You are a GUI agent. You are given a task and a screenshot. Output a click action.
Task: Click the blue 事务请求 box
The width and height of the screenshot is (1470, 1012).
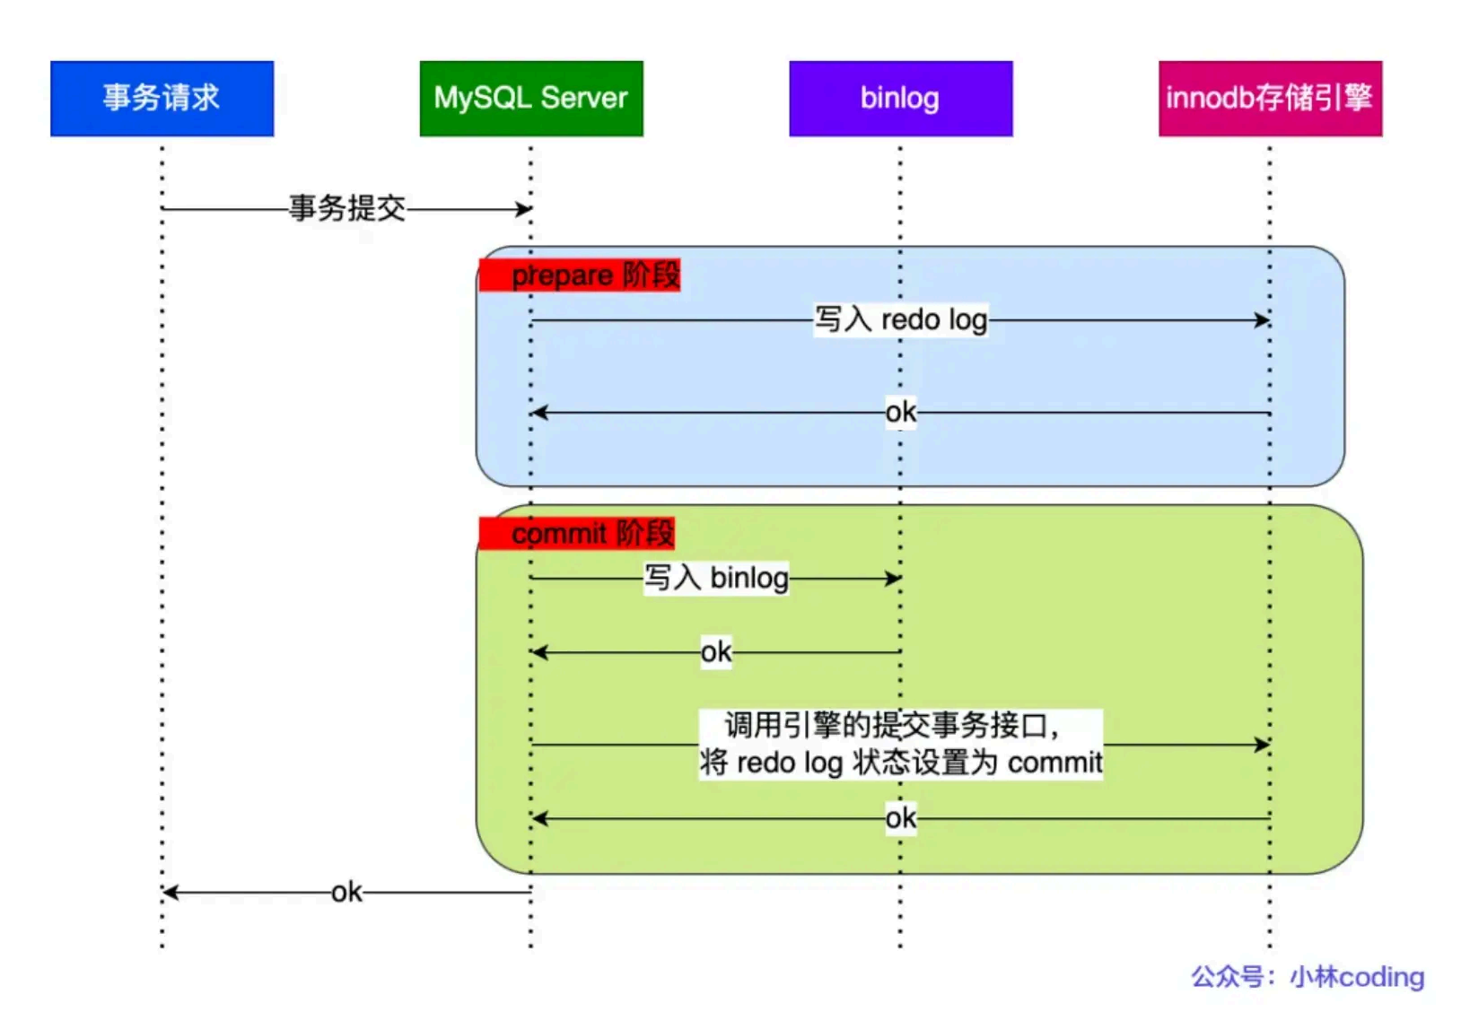162,98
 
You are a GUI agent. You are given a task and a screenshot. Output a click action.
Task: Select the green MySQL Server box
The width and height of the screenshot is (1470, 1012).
531,98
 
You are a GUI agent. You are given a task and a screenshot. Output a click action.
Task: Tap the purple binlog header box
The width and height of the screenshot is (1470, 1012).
900,98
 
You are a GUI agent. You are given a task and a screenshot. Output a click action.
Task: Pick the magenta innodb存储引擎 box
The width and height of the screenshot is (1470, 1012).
1270,98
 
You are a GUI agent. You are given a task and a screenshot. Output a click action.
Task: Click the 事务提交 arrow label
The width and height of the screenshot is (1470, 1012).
347,208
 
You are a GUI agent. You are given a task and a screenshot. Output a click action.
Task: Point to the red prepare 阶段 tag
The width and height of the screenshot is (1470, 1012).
580,275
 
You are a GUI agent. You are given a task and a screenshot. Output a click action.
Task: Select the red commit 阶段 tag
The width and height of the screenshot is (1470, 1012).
577,533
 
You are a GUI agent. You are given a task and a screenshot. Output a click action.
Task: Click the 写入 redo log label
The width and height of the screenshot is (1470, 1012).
900,319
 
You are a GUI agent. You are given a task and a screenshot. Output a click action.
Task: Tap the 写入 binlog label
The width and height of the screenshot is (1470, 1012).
716,578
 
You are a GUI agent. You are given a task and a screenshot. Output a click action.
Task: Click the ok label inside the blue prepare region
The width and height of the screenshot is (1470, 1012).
900,413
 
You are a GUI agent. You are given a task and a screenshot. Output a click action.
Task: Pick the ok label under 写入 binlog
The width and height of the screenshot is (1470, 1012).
716,652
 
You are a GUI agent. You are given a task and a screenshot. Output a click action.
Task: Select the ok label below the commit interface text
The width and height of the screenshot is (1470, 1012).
900,818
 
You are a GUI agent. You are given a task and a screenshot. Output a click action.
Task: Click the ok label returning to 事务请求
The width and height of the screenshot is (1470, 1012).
346,893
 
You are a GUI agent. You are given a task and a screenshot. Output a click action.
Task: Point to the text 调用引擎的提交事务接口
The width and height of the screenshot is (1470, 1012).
890,725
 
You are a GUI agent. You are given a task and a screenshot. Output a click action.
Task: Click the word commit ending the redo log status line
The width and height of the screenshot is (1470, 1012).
1054,763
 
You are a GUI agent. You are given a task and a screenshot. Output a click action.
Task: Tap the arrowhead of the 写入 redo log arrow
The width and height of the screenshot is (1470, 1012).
1263,319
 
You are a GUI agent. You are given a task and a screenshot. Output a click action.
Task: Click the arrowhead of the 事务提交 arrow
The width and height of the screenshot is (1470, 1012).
524,209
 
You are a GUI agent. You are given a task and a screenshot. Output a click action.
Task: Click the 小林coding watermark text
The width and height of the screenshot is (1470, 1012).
1357,977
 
